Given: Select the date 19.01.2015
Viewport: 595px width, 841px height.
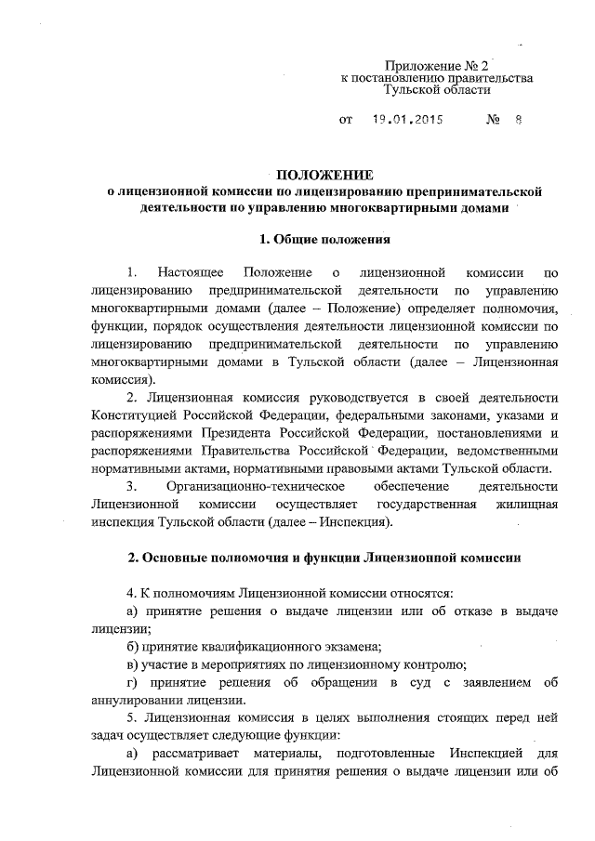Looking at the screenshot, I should click(x=407, y=120).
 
